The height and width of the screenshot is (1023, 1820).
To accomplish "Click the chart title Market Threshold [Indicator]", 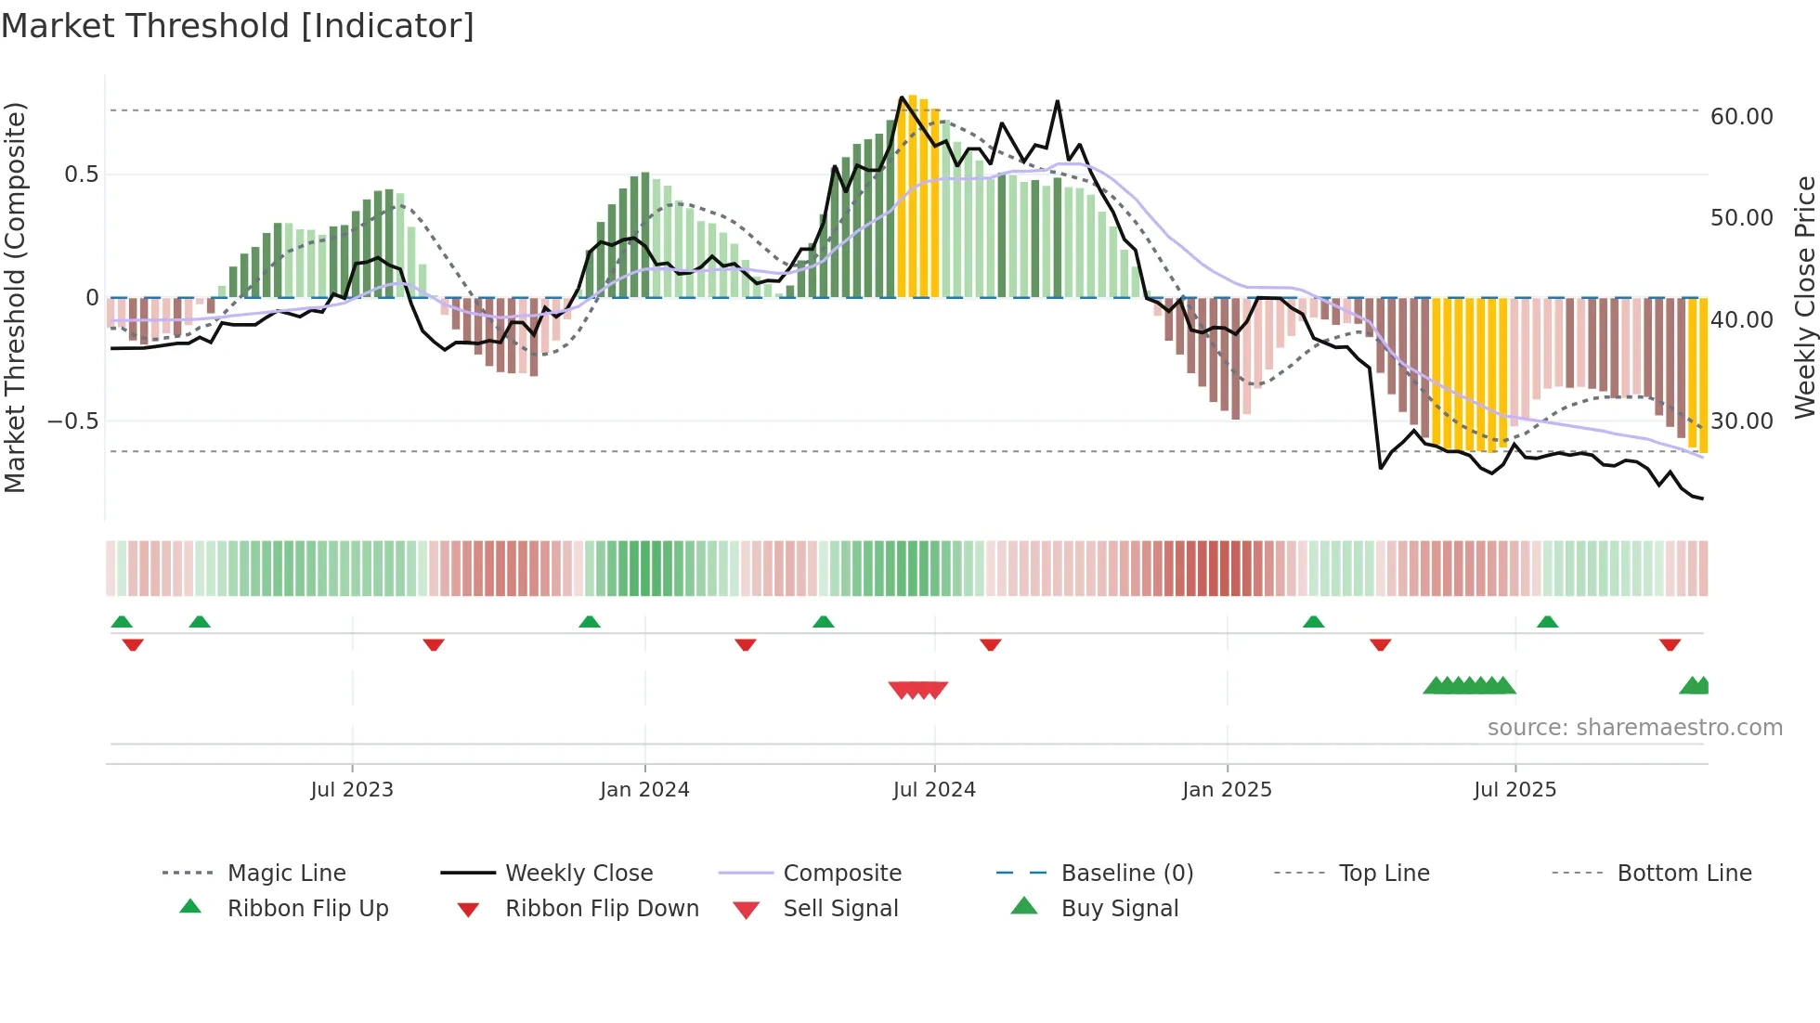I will [x=238, y=26].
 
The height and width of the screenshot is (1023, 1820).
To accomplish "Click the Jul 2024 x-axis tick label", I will [x=934, y=790].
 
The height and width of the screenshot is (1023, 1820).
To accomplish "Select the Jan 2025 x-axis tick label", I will [x=1227, y=790].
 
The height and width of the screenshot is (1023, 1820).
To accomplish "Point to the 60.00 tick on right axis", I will [x=1741, y=117].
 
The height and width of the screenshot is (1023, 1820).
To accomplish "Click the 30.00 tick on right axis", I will [x=1741, y=421].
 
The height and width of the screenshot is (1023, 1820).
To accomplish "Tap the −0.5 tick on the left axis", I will [x=72, y=421].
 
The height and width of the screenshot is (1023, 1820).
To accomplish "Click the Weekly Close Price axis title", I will [x=1804, y=297].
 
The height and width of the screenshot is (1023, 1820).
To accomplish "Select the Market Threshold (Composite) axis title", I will [x=15, y=297].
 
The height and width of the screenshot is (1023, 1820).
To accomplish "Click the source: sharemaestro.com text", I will [x=1634, y=728].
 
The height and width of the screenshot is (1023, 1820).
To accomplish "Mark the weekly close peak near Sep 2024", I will [x=1057, y=101].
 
